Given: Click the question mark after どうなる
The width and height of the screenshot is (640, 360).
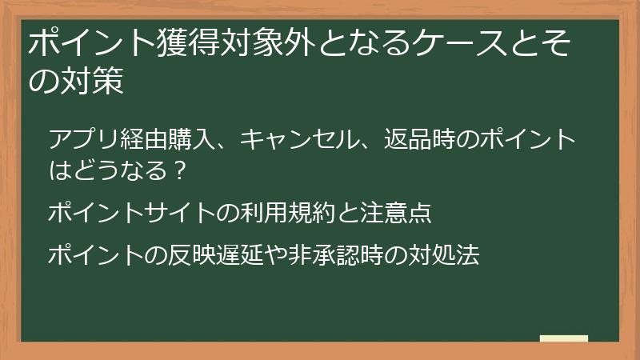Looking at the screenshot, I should pos(181,170).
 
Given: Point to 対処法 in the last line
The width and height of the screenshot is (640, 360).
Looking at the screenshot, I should pos(446,255).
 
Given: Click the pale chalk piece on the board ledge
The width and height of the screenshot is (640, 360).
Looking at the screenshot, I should pos(564,338).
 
